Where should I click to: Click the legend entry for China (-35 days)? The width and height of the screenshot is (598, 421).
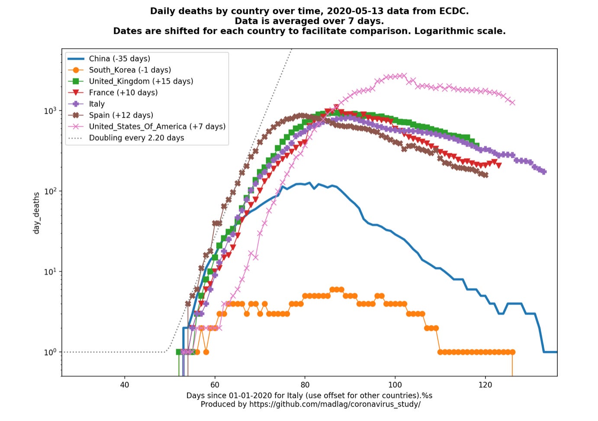(x=119, y=59)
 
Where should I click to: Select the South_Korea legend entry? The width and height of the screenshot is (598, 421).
(x=130, y=70)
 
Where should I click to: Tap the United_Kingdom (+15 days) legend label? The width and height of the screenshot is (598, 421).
(x=141, y=81)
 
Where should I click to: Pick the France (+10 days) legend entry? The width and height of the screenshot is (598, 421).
(x=123, y=92)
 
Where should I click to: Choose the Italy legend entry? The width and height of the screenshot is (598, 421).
(x=97, y=104)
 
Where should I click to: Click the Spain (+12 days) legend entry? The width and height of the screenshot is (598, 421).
(x=121, y=115)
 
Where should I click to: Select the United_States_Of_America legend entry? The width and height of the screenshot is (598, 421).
(x=157, y=126)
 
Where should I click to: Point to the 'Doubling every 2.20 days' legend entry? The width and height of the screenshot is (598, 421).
(x=136, y=138)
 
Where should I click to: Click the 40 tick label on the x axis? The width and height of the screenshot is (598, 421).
(x=125, y=385)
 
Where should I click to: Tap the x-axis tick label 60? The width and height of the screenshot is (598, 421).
(x=215, y=385)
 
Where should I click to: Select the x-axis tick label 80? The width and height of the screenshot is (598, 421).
(x=305, y=385)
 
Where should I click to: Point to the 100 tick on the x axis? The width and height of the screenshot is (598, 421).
(x=395, y=385)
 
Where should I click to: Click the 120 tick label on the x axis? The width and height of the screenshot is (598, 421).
(x=485, y=385)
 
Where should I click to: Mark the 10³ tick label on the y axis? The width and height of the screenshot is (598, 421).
(x=50, y=111)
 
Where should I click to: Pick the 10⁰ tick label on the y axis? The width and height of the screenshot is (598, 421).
(x=50, y=352)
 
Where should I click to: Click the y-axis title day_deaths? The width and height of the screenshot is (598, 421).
(x=36, y=213)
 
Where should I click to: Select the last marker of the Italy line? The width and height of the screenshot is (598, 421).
(x=543, y=172)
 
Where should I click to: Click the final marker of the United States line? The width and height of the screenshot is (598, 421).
(x=512, y=102)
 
